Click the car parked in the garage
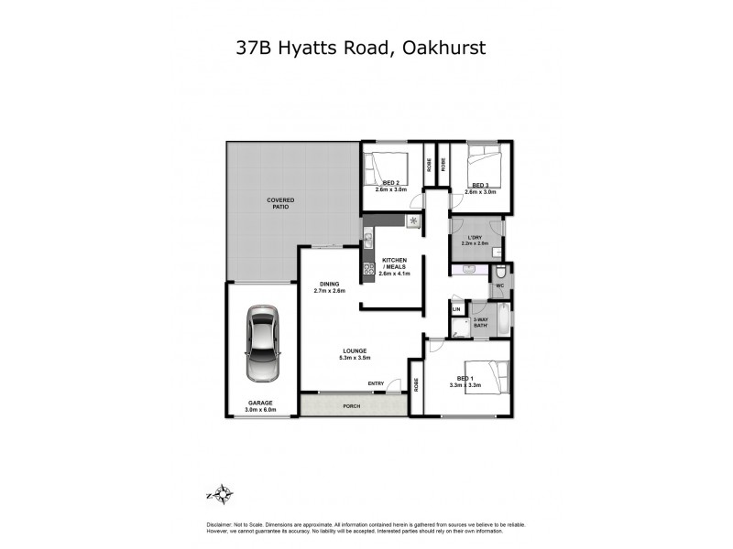pyautogui.click(x=262, y=347)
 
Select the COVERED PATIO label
pyautogui.click(x=279, y=203)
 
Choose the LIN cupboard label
pyautogui.click(x=456, y=309)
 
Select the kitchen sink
pyautogui.click(x=367, y=241)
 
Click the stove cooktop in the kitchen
pyautogui.click(x=367, y=268)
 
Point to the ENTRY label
pyautogui.click(x=376, y=383)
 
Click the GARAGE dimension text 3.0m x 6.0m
pyautogui.click(x=261, y=410)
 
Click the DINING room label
pyautogui.click(x=329, y=284)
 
